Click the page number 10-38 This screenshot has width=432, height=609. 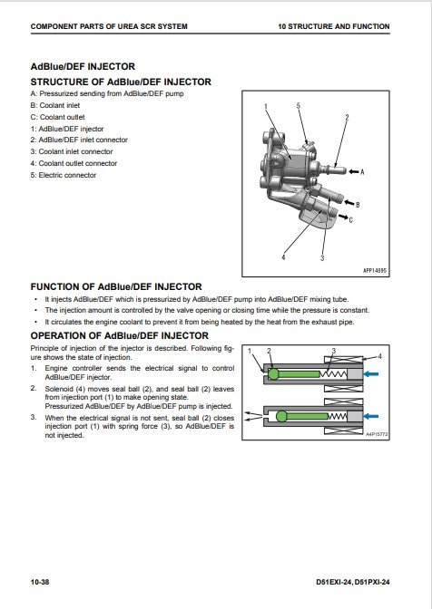pos(40,582)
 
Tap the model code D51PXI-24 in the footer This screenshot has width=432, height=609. pos(372,582)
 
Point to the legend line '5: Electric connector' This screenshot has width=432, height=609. pos(64,175)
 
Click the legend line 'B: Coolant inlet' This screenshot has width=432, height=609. pos(55,105)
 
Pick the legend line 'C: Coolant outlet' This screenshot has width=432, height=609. pos(57,117)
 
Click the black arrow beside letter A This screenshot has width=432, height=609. pos(353,171)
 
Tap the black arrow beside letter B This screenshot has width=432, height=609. pos(349,203)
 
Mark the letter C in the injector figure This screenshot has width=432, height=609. pos(350,220)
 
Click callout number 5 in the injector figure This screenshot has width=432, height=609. pos(299,106)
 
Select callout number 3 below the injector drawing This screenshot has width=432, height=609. pos(322,258)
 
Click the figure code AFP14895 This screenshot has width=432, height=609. pos(375,270)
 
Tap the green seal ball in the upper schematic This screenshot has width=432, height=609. pos(273,374)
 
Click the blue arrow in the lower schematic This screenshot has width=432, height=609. pos(371,416)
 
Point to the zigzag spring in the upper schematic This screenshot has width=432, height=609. pos(333,374)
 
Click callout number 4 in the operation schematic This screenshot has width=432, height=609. pos(380,356)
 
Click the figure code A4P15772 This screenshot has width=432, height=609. pos(377,434)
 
